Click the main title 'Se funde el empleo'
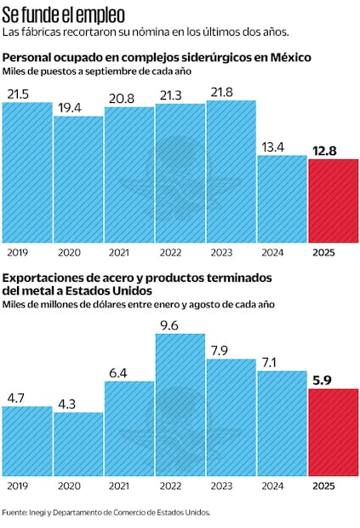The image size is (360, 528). point(64,14)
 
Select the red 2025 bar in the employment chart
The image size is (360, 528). point(333,201)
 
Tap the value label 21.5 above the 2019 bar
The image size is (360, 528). point(19,95)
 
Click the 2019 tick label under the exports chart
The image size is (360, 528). point(16,486)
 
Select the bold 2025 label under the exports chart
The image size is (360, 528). point(324,486)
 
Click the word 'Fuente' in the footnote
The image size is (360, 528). point(14,513)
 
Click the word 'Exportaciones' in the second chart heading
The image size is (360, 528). point(43,278)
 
